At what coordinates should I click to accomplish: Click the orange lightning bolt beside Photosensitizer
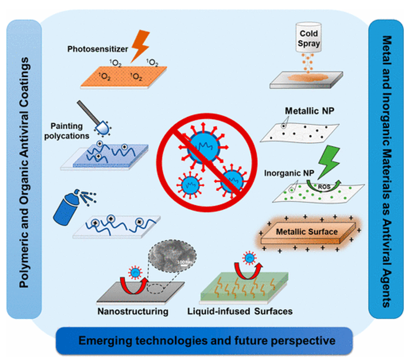click(140, 43)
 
